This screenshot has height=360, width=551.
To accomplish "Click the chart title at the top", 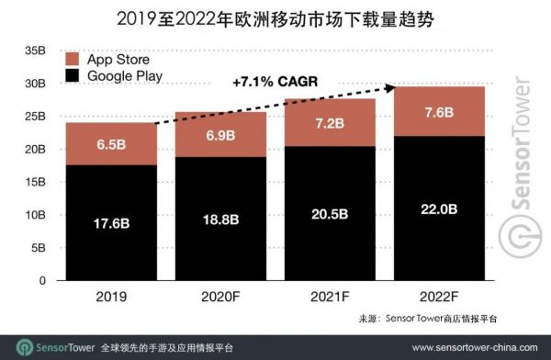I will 275,17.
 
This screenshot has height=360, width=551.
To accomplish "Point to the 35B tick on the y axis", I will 34,50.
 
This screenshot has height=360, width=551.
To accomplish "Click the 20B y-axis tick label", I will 34,149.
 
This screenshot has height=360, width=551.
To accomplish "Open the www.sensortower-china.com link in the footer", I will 472,347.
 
